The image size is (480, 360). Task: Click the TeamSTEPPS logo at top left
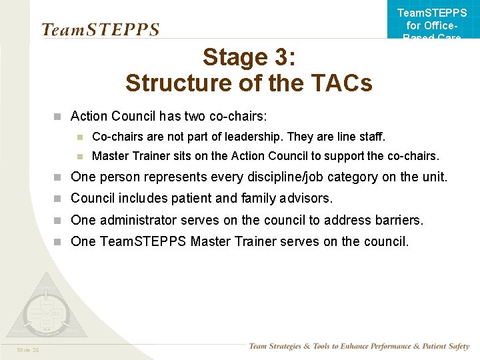coord(100,30)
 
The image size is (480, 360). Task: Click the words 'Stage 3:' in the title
coord(249,57)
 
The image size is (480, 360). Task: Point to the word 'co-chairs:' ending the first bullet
coord(238,117)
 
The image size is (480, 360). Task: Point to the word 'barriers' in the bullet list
coord(399,220)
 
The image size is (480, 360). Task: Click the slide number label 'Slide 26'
coord(28,349)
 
